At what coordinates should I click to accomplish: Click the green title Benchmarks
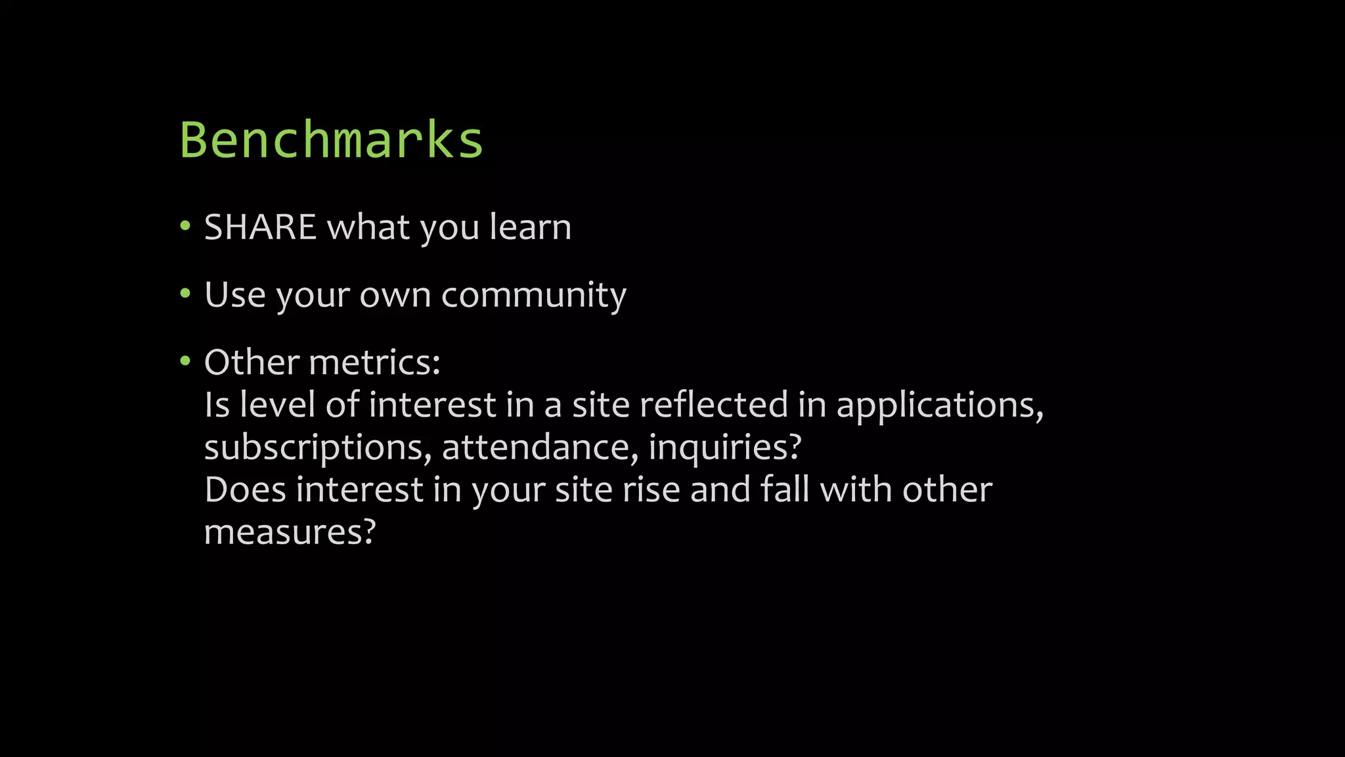coord(332,140)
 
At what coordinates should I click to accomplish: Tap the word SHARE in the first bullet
coord(260,227)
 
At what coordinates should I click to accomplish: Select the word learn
coord(530,227)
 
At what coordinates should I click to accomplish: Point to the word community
coord(533,295)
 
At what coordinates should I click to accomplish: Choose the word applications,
coord(940,405)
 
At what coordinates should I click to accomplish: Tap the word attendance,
coord(540,447)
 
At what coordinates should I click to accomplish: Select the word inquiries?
coord(725,447)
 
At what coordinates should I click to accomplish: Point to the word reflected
coord(713,404)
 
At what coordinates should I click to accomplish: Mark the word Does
coord(245,490)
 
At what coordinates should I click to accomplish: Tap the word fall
coord(784,490)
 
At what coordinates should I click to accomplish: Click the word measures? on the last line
coord(290,532)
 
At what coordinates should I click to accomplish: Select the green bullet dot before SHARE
coord(185,227)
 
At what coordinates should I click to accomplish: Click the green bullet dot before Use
coord(185,294)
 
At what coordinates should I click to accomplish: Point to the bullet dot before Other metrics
coord(185,361)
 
